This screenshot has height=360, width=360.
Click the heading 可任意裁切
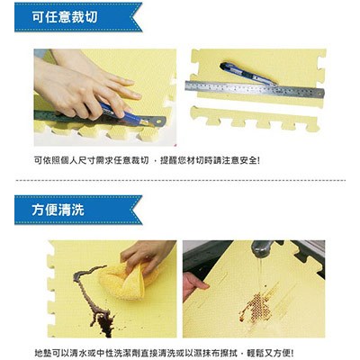coord(65,17)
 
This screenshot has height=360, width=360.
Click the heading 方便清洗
coord(58,210)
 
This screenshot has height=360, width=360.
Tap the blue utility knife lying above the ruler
coord(247,74)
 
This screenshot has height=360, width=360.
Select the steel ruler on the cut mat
coord(255,89)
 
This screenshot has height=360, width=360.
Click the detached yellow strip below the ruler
coord(255,118)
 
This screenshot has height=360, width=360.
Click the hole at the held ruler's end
coord(158,121)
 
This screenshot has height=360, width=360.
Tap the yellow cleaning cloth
coord(126,281)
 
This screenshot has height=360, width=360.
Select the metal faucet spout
coord(263,248)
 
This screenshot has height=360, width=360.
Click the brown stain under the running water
coord(256,306)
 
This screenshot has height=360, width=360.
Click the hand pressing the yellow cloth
coord(147,255)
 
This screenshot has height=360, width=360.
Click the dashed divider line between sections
coord(180,180)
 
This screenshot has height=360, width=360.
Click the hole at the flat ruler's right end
coord(320,94)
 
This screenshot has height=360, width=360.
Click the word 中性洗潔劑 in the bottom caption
coord(112,353)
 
